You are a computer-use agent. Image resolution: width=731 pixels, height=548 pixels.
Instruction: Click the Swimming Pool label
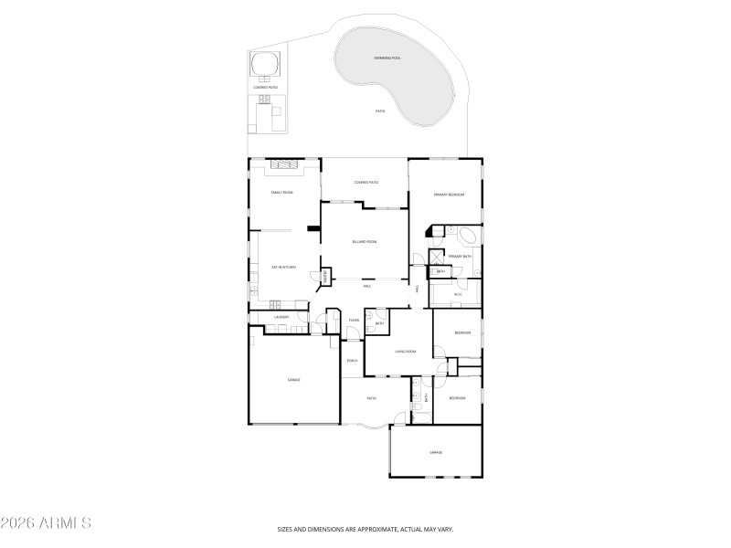click(387, 58)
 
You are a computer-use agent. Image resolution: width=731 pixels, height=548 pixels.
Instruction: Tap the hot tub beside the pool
click(265, 64)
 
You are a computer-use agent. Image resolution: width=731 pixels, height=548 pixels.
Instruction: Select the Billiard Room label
click(365, 241)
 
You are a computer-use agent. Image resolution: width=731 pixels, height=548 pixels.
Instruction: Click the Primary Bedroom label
click(450, 195)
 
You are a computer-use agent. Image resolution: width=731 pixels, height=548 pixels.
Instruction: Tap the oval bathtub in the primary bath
click(469, 236)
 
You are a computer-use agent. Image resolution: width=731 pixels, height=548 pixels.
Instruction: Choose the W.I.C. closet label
click(460, 294)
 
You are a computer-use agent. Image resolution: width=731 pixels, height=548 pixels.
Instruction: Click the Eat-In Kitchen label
click(283, 267)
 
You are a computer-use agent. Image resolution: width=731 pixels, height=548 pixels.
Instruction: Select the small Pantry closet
click(324, 275)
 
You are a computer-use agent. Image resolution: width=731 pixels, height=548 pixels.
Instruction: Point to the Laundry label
click(281, 318)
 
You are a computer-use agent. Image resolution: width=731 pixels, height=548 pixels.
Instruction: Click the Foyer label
click(354, 320)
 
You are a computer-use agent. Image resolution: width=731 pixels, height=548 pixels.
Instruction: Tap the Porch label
click(352, 361)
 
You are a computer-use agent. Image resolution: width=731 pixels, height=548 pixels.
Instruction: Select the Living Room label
click(406, 351)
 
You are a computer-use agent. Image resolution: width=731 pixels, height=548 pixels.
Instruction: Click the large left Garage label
click(294, 380)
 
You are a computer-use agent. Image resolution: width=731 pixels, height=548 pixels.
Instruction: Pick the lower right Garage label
click(436, 452)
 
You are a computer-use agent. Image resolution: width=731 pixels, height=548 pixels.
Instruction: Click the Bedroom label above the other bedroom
click(462, 332)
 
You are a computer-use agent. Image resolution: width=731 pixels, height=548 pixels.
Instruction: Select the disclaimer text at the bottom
click(365, 529)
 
